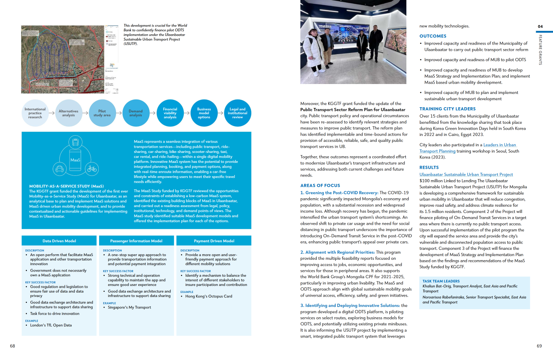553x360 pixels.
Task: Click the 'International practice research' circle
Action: point(35,113)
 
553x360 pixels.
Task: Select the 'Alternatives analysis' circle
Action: point(69,113)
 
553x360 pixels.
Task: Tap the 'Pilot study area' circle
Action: point(102,113)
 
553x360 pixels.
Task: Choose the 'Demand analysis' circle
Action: point(136,113)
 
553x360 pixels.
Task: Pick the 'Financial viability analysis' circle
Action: point(170,113)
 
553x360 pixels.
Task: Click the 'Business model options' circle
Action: point(204,113)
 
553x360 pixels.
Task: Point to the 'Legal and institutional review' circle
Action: point(238,113)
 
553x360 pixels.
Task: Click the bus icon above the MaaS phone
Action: point(75,142)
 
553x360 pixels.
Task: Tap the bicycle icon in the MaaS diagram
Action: point(92,169)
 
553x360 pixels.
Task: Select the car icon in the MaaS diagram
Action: point(59,169)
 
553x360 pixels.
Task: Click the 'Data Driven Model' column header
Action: point(59,241)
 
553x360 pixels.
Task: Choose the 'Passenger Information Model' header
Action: point(136,241)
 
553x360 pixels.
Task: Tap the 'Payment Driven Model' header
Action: point(214,241)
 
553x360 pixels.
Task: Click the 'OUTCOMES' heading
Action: point(433,36)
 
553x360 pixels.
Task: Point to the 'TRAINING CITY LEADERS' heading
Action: point(447,109)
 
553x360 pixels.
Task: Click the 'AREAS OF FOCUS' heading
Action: point(320,186)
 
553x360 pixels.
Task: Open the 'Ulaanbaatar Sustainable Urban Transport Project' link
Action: point(466,175)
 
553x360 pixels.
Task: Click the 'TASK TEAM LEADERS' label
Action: point(441,281)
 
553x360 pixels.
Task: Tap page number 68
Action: point(13,346)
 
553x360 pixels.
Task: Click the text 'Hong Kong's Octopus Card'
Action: point(209,296)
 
